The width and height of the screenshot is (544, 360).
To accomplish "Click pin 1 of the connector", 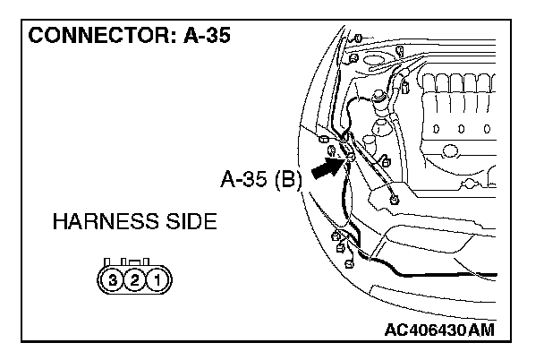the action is [x=156, y=279].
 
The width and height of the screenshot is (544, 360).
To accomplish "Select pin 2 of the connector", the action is [x=134, y=279].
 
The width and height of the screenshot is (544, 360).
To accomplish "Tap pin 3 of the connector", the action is [x=113, y=279].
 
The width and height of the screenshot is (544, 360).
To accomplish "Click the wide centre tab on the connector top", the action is [x=134, y=262].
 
